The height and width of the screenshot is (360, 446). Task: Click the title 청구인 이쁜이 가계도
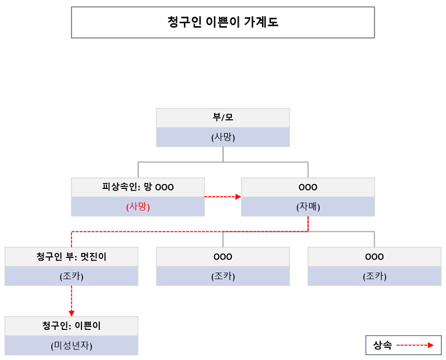point(222,22)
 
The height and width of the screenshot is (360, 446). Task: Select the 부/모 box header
point(222,118)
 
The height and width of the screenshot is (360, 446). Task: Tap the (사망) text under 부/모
point(222,137)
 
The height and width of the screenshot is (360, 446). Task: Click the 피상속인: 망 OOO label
point(138,187)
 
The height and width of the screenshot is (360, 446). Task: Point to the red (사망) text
point(138,206)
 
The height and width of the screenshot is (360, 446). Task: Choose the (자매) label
point(308,206)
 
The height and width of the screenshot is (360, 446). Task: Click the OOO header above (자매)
point(308,187)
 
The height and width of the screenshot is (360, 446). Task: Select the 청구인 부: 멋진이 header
point(71,257)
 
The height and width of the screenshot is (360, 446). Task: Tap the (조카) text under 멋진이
point(71,276)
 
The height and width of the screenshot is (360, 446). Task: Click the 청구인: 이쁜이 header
point(71,325)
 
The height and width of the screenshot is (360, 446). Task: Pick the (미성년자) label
point(71,346)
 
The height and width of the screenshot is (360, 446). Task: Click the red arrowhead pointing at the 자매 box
point(238,197)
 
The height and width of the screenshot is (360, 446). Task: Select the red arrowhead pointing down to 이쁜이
point(71,313)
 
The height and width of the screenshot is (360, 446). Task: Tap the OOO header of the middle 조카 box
point(222,257)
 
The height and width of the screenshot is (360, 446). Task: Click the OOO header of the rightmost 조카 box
point(374,257)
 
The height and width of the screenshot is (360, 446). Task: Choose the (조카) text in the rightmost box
point(374,276)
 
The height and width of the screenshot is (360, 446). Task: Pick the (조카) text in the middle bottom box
point(222,276)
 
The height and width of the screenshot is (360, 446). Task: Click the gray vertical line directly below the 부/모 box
point(223,154)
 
